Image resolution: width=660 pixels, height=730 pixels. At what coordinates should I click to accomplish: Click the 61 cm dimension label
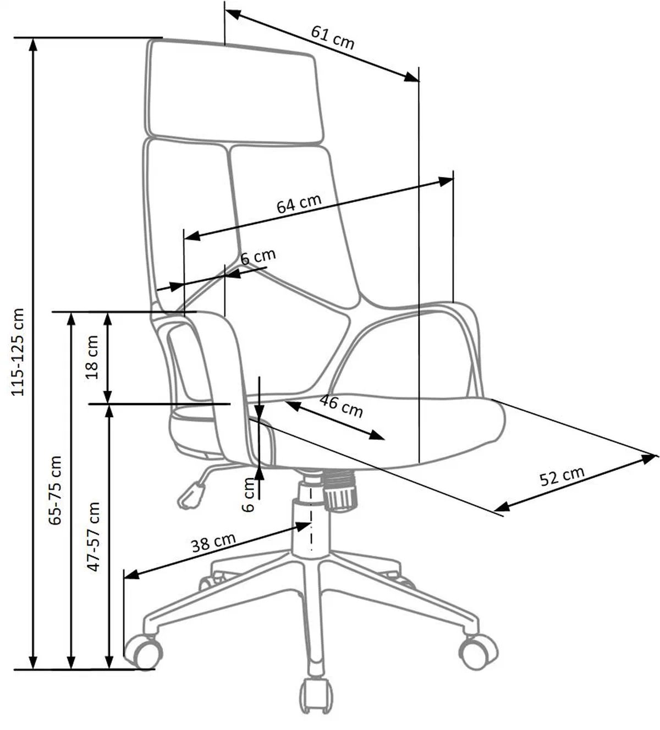(x=333, y=37)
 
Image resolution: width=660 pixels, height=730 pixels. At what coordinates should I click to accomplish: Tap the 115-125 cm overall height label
(x=19, y=352)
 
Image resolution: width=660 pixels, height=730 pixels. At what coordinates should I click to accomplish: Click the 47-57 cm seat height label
(x=94, y=536)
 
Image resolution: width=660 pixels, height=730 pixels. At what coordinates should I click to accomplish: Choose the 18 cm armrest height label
(x=92, y=357)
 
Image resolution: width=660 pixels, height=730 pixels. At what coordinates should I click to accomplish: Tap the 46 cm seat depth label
(x=341, y=406)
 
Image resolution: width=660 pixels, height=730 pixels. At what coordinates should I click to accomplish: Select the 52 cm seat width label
(x=562, y=476)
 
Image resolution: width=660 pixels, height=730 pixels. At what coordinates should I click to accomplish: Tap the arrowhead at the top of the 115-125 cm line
(x=34, y=44)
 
